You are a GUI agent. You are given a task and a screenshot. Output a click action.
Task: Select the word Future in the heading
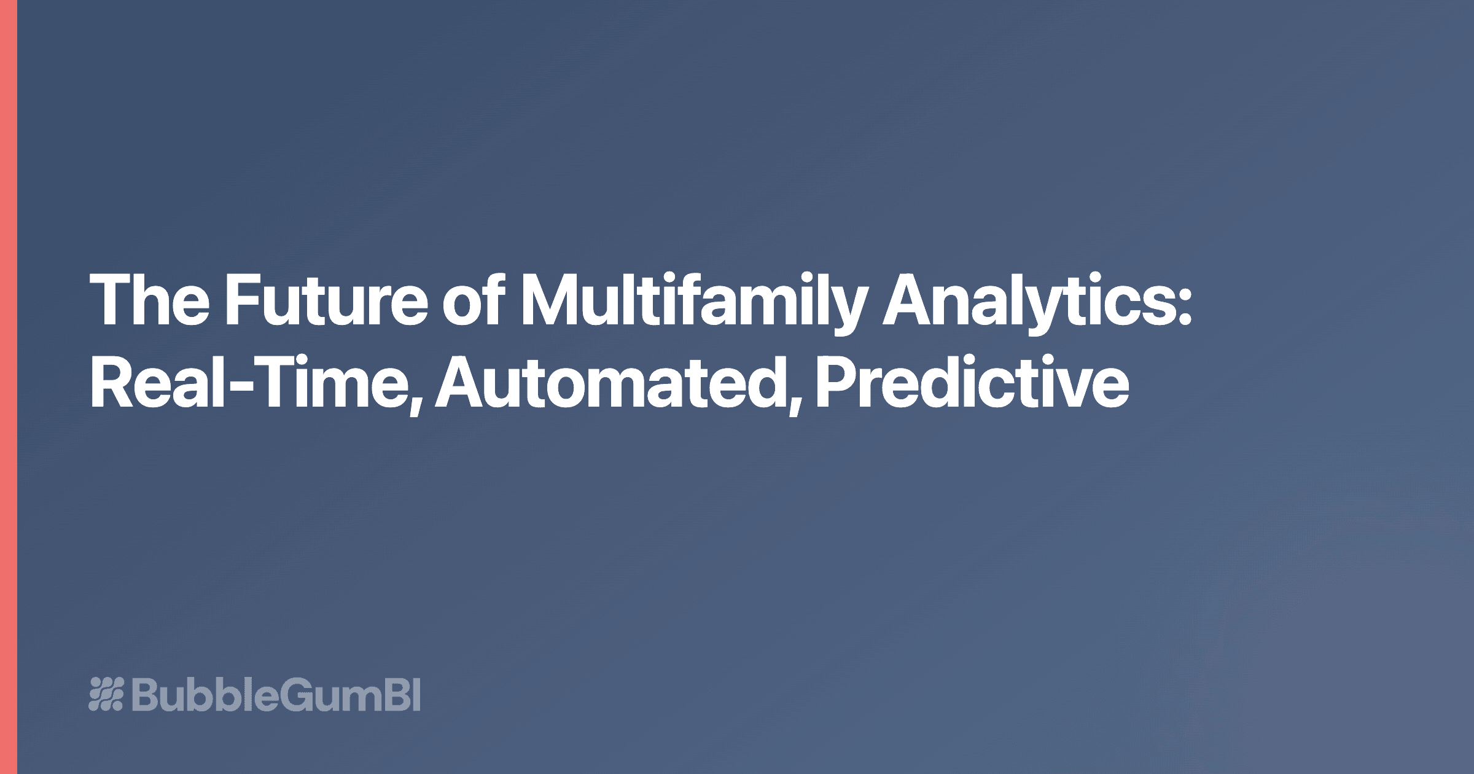pos(326,301)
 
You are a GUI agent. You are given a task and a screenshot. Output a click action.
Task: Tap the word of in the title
pos(475,301)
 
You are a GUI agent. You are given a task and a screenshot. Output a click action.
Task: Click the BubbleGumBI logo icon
pos(106,694)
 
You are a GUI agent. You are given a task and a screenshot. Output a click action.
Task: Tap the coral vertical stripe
pos(8,387)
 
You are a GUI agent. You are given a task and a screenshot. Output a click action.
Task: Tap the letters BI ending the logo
pos(405,694)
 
